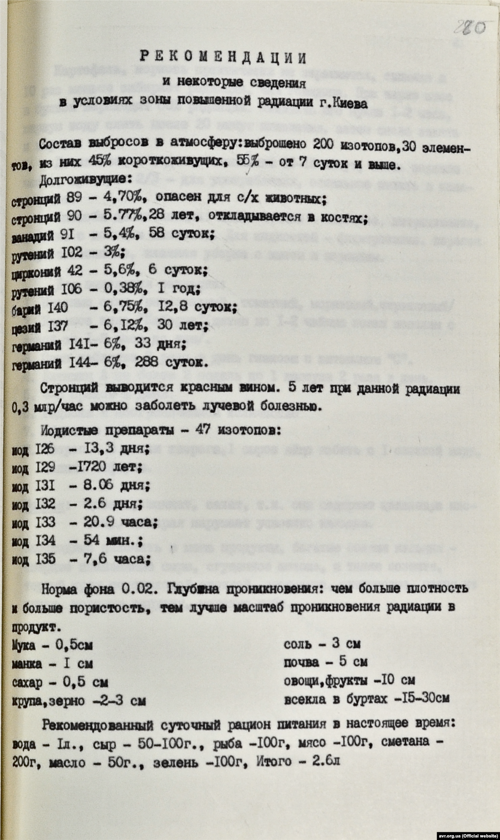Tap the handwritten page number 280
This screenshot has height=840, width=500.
tap(470, 27)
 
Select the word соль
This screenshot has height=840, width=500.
tap(297, 644)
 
